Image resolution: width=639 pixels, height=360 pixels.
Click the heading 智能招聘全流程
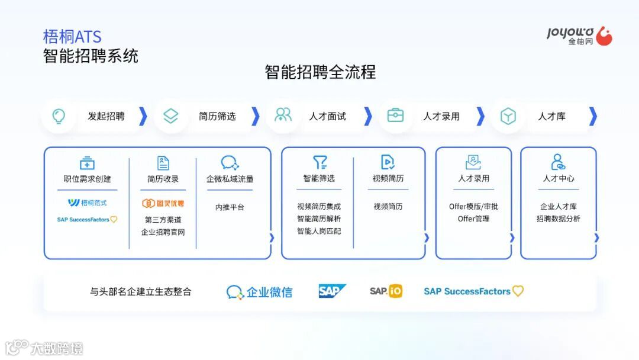point(320,72)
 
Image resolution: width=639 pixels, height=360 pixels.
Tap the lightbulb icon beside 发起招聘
point(59,116)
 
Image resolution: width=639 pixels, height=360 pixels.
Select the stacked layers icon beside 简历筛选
point(170,116)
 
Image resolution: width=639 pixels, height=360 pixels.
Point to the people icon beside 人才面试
point(283,115)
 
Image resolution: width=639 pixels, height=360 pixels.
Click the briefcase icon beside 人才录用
point(395,115)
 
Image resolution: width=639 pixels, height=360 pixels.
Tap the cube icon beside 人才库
point(508,116)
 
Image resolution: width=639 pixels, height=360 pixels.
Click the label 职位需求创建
point(87,179)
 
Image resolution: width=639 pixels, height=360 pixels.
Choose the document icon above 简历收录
point(163,163)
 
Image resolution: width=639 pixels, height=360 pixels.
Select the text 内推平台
point(230,207)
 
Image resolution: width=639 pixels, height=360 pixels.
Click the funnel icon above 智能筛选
point(319,162)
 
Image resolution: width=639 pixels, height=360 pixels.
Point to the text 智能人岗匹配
point(319,231)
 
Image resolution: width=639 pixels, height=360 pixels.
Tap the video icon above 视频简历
point(388,162)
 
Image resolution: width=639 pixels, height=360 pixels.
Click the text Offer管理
point(473,219)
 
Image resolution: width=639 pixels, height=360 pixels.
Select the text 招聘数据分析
point(559,219)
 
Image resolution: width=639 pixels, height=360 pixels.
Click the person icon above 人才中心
point(557,162)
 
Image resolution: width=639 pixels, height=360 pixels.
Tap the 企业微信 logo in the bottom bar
point(259,292)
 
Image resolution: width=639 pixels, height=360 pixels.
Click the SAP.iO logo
point(386,291)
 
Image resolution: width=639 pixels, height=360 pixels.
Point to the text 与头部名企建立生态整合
point(141,292)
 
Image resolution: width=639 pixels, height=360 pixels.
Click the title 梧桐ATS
point(72,37)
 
